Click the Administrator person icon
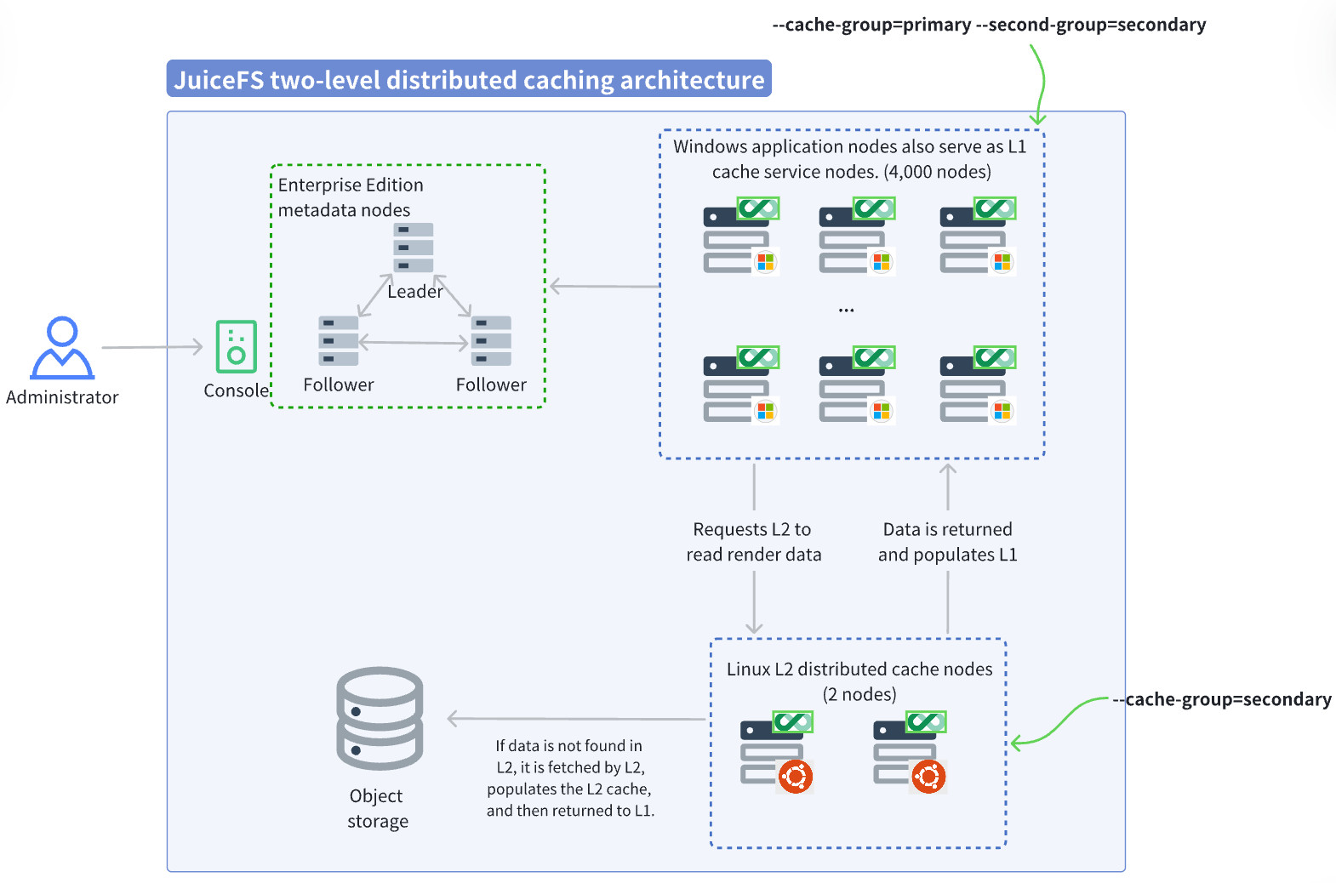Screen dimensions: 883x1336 [x=62, y=349]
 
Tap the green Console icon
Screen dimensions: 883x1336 [x=236, y=346]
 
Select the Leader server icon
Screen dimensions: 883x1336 [x=414, y=248]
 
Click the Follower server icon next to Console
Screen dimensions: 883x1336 [x=338, y=340]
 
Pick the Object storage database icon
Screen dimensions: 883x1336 [x=380, y=719]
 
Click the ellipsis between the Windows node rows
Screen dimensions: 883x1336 [x=846, y=310]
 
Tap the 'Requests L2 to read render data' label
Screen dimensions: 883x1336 [x=754, y=542]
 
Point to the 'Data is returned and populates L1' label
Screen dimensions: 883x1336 [x=947, y=542]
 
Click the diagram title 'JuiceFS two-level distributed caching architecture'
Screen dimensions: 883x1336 [x=469, y=79]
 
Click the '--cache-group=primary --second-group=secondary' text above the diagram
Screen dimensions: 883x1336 [x=989, y=25]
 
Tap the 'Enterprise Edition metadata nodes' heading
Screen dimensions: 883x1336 [x=350, y=197]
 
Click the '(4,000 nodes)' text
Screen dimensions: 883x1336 [x=937, y=172]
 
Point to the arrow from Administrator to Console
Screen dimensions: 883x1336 [x=153, y=347]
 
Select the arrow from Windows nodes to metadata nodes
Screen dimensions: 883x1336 [x=604, y=287]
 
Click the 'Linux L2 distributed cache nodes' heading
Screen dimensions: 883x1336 [x=859, y=669]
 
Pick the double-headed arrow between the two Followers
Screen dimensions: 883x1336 [x=414, y=343]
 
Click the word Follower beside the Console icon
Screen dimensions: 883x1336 [x=338, y=385]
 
